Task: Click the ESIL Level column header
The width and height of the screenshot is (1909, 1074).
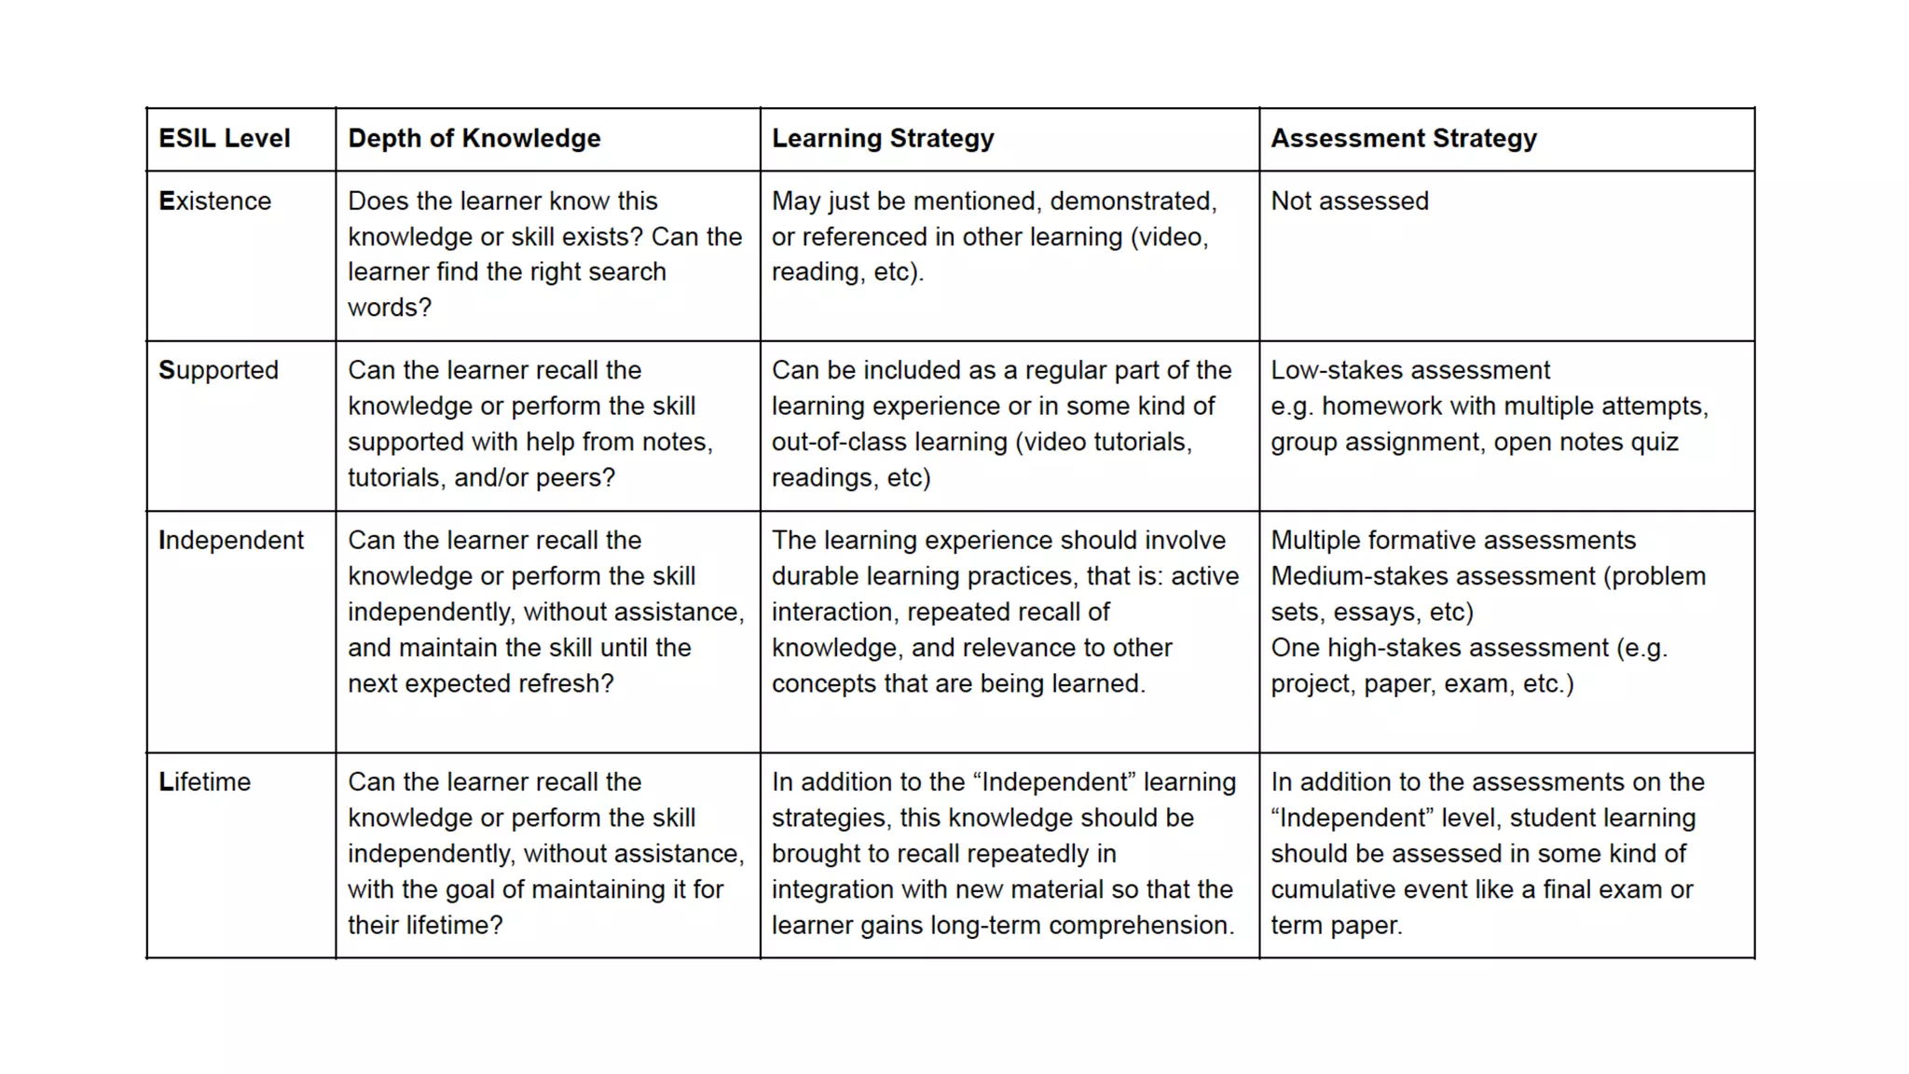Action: point(224,139)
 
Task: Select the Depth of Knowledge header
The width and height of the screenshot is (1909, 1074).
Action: point(474,139)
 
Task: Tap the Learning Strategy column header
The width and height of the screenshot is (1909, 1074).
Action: point(882,139)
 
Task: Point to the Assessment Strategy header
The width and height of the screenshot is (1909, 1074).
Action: point(1403,139)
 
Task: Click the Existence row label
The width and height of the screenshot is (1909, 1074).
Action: point(214,201)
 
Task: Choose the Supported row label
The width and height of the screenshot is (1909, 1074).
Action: point(218,371)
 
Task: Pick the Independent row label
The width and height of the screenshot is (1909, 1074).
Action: point(230,541)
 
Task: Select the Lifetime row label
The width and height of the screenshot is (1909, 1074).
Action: point(204,782)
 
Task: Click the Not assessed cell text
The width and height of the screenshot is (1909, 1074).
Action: point(1349,201)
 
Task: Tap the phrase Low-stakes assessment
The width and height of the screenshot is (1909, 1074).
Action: point(1409,371)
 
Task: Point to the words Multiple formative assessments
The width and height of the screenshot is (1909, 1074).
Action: point(1452,541)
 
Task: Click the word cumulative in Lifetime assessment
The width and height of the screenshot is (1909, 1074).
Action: point(1333,890)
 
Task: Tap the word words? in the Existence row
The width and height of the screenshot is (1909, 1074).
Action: point(389,308)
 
